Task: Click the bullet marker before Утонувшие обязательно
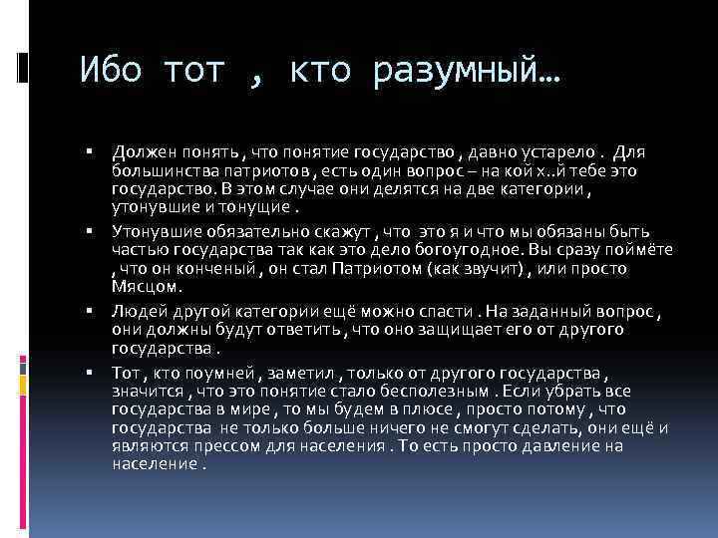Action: pyautogui.click(x=90, y=230)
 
